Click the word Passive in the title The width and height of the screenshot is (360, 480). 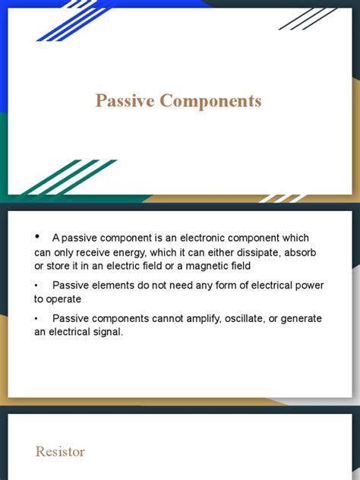click(x=125, y=101)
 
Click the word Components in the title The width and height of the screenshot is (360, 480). click(x=210, y=102)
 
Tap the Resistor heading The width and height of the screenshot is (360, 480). click(x=60, y=452)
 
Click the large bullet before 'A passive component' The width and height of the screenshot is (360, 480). click(x=37, y=236)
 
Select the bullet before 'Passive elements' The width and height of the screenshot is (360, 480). click(x=36, y=286)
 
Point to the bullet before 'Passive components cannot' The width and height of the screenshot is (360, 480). click(x=36, y=319)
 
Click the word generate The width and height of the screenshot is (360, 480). click(x=302, y=319)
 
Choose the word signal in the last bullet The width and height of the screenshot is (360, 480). click(x=108, y=332)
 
